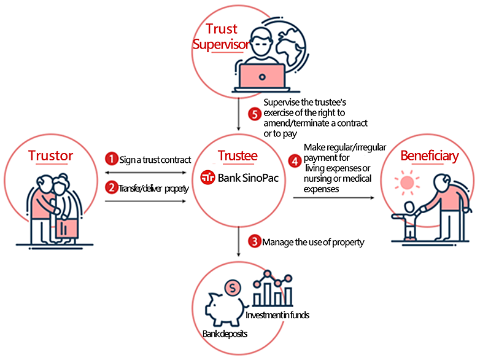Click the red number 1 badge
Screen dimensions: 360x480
[111, 159]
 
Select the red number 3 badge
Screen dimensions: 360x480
[254, 241]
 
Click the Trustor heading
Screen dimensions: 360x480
[50, 155]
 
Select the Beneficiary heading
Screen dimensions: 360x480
[429, 156]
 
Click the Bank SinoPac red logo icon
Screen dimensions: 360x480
[209, 178]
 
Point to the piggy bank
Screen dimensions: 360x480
[224, 307]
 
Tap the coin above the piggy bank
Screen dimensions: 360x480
[233, 286]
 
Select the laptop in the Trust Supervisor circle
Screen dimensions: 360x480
[261, 76]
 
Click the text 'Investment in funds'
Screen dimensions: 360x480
[277, 315]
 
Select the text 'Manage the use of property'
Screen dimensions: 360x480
[313, 242]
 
